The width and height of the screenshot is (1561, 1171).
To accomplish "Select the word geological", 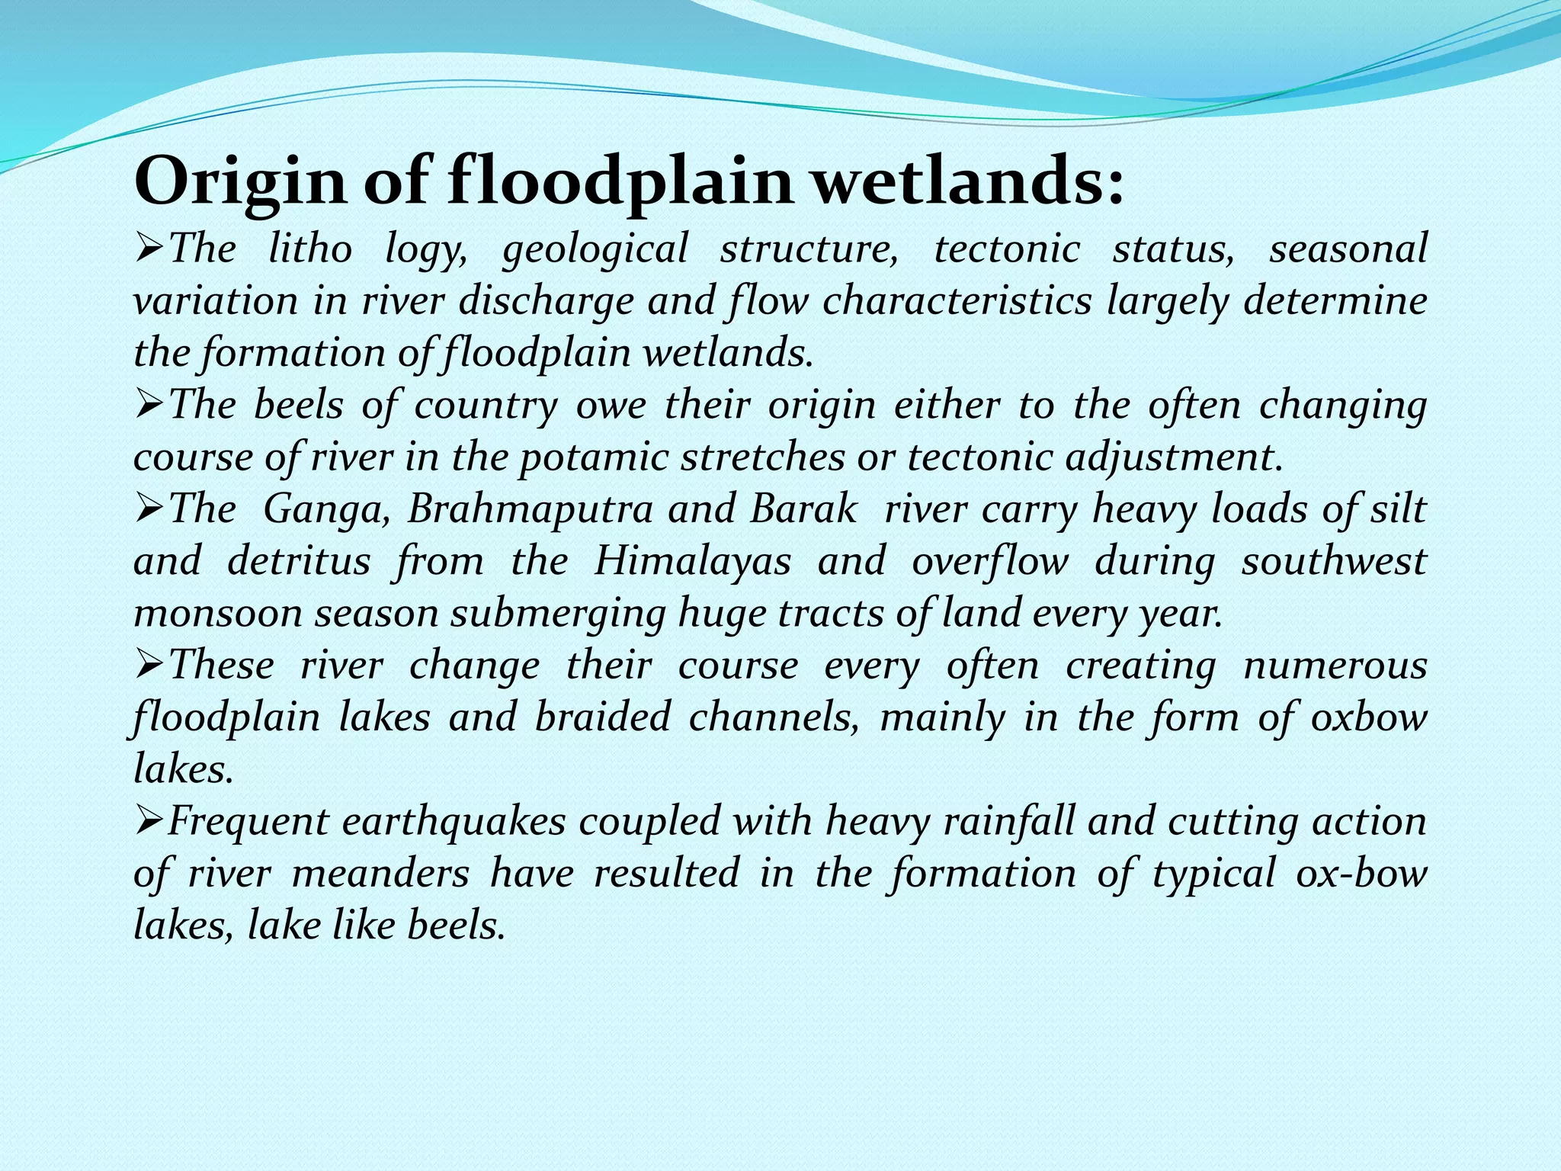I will point(595,249).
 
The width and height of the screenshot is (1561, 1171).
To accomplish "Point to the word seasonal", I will point(1348,249).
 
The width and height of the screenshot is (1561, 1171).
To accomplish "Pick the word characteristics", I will point(957,300).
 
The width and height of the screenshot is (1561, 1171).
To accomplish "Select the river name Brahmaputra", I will point(530,509).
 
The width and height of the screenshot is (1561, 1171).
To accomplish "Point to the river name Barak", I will point(803,509).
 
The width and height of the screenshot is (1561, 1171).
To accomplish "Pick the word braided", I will point(603,717).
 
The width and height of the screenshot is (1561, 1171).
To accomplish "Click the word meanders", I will point(380,874).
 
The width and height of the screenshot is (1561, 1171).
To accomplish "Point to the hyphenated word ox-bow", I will point(1361,874).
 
